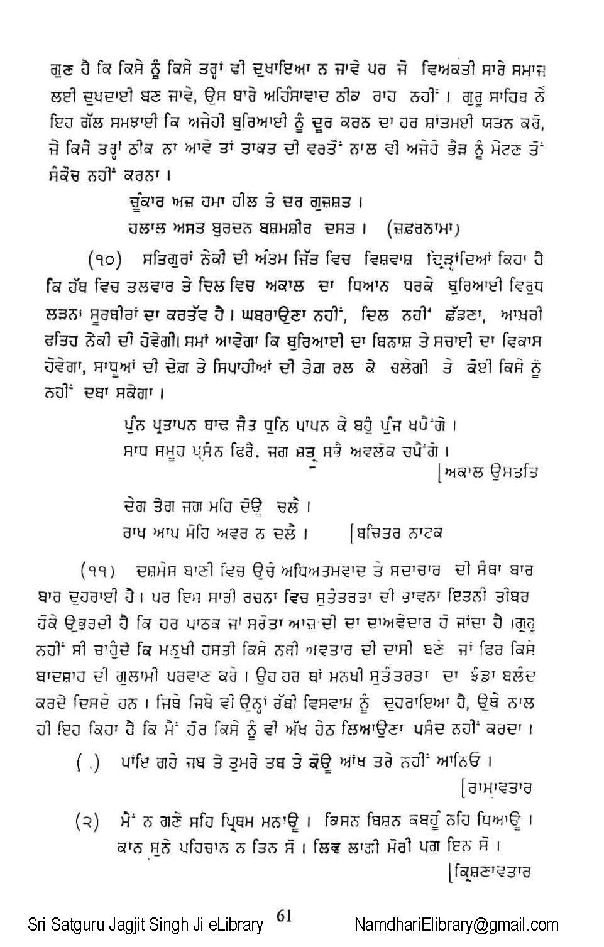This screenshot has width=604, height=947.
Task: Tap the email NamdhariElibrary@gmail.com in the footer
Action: (x=456, y=924)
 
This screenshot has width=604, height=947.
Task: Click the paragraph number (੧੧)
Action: (x=98, y=570)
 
